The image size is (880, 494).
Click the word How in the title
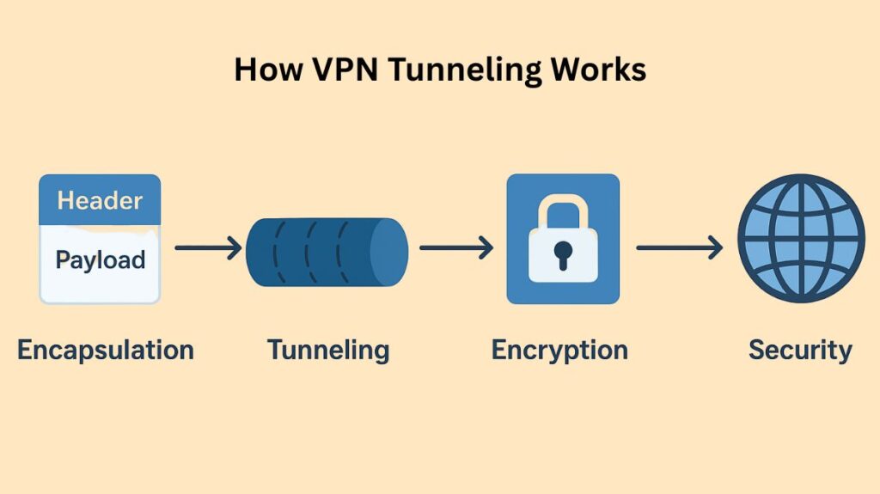pos(266,70)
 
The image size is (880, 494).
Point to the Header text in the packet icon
pos(100,201)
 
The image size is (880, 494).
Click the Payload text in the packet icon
pos(100,259)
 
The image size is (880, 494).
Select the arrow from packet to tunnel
pos(208,249)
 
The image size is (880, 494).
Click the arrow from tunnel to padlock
pos(455,248)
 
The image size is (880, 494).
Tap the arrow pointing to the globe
pos(679,248)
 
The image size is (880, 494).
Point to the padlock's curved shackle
pos(563,210)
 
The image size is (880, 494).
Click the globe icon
pos(801,238)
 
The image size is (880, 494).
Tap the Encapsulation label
pos(106,351)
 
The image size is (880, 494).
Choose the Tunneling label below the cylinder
pos(328,351)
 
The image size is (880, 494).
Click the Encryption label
pos(559,351)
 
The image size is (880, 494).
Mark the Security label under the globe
pos(800,351)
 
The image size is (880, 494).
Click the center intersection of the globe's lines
pos(801,238)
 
